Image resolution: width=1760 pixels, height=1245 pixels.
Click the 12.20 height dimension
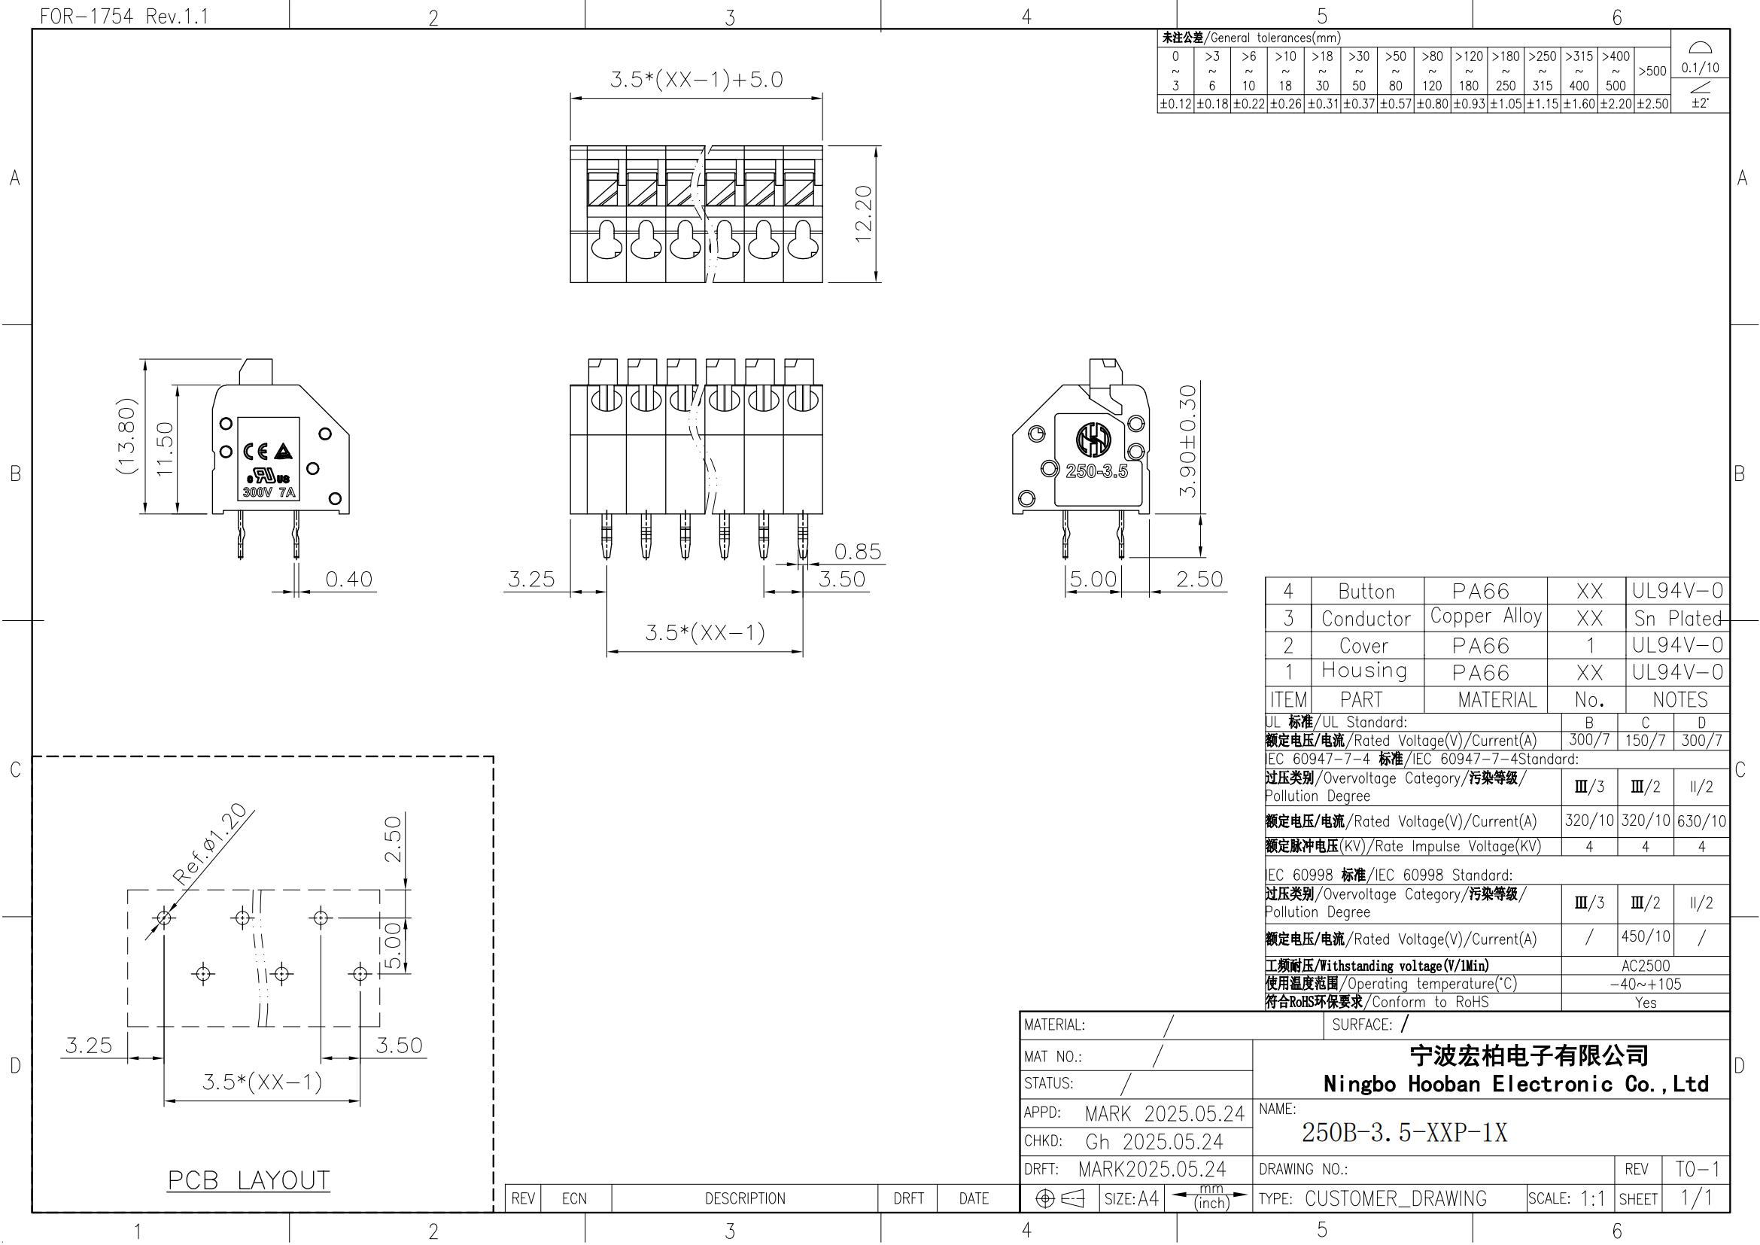tap(864, 214)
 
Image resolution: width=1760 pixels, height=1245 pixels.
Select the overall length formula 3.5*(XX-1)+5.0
tap(696, 80)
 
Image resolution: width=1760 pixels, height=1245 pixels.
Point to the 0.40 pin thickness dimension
tap(349, 580)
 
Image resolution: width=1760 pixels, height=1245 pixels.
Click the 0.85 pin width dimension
tap(858, 552)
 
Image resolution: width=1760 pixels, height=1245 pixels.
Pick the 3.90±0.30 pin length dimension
tap(1187, 441)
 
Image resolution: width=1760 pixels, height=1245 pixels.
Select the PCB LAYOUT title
tap(249, 1180)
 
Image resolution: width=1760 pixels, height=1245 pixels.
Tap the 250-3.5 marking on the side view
tap(1097, 470)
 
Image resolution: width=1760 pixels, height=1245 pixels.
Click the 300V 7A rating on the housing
tap(269, 492)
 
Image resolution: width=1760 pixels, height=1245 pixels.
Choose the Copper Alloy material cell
tap(1485, 617)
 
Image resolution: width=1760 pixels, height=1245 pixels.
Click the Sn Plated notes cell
tap(1678, 618)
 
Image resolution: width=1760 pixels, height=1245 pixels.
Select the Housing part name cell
tap(1364, 671)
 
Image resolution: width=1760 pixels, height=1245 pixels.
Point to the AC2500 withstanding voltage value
tap(1645, 966)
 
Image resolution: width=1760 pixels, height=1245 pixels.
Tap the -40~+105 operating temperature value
tap(1645, 984)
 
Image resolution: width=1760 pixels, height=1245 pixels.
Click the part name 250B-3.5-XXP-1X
tap(1404, 1132)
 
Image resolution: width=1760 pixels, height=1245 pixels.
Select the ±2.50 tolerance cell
tap(1652, 103)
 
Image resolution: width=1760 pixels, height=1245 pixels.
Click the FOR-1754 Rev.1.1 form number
tap(124, 16)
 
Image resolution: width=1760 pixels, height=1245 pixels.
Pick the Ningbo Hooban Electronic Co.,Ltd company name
tap(1516, 1083)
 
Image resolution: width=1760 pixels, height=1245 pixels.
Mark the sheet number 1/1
tap(1695, 1198)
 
